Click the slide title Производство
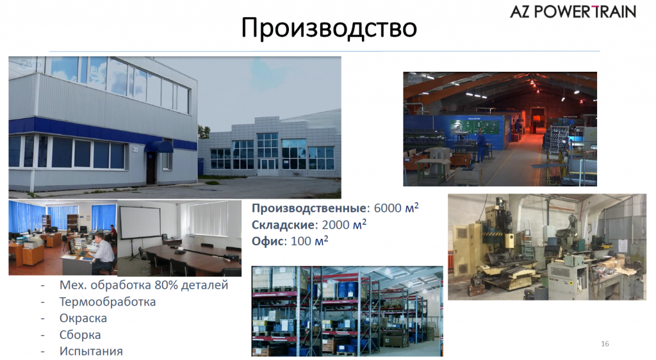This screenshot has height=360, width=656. point(329,28)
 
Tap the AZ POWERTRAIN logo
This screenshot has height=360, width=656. point(573,12)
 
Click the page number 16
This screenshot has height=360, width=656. point(605,344)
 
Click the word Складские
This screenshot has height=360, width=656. point(282,225)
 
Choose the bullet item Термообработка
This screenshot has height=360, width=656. point(107,302)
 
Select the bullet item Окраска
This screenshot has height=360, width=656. point(83,318)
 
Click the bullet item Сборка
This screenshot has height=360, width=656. point(80,335)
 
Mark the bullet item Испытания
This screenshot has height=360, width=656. point(90,352)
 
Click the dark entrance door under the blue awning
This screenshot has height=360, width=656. point(151,168)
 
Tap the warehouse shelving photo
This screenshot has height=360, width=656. point(347,311)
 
